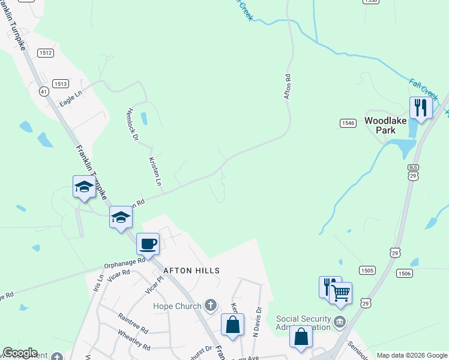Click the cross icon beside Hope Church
coord(210,306)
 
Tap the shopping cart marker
coord(341,293)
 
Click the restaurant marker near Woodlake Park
coord(421,108)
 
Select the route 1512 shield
coord(46,53)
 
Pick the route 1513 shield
coord(60,83)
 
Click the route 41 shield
coord(43,91)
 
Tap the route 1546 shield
coord(348,123)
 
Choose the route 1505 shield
coord(367,271)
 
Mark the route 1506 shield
coord(404,273)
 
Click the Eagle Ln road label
coord(70,98)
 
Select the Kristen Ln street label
coord(155,172)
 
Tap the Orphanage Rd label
coord(125,265)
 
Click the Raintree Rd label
coord(133,325)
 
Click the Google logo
coord(20,353)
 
